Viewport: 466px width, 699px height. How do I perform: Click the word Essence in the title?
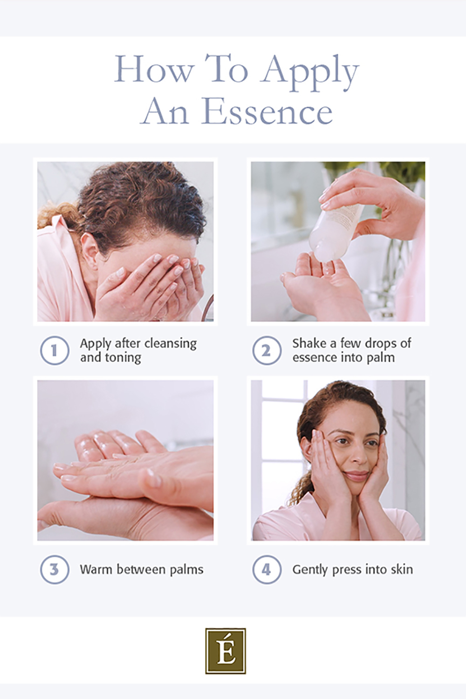click(267, 112)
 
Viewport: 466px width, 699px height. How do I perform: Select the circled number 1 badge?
click(55, 350)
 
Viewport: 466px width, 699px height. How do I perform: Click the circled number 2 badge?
click(267, 350)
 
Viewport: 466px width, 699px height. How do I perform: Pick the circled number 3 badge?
click(55, 569)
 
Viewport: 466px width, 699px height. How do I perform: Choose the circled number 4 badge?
click(267, 569)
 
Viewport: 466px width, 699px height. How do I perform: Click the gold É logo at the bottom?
click(226, 651)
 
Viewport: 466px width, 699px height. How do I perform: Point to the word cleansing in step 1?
click(170, 343)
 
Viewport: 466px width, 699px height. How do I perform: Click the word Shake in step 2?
click(309, 343)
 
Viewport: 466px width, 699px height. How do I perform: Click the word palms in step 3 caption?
click(186, 569)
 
